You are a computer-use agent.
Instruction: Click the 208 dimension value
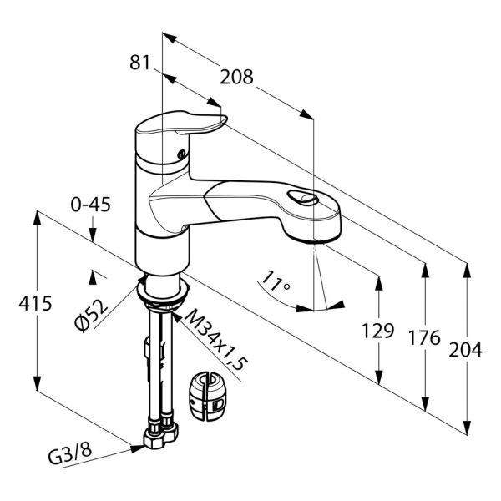237,77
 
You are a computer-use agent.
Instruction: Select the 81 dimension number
140,63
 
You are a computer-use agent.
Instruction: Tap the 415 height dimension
35,303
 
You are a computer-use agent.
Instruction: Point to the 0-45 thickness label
91,205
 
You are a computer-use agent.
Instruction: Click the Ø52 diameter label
92,316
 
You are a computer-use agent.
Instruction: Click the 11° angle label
275,281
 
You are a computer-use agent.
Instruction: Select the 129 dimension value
378,331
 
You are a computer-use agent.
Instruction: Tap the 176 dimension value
425,337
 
